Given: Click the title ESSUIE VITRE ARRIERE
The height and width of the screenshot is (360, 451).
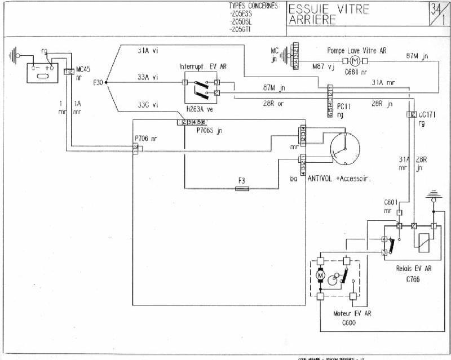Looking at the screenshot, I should pos(329,15).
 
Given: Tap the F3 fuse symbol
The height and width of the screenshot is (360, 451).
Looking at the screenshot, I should pos(242,189).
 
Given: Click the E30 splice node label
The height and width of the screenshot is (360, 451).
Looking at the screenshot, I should pos(98,83).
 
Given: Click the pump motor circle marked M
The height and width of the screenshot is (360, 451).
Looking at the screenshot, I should pos(355,60).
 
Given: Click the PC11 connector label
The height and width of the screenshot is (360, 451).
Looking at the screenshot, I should pos(344,105).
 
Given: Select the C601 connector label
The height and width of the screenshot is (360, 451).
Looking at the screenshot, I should pos(391,203).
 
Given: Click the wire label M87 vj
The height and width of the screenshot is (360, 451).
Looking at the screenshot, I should pos(324,66).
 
